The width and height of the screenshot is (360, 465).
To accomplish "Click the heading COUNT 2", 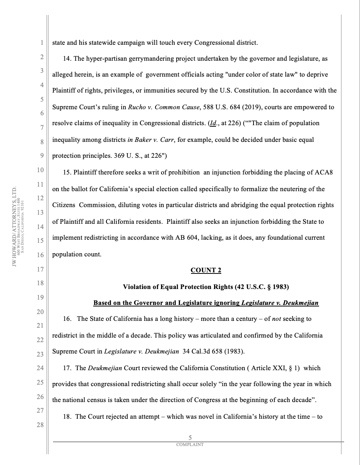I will click(206, 270).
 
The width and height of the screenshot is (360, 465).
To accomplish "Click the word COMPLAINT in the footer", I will click(190, 445).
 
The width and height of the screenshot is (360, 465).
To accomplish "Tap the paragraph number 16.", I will click(67, 319).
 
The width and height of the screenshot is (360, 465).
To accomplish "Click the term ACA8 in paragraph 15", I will click(324, 172).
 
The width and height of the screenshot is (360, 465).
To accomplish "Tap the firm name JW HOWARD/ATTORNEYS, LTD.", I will click(14, 226).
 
